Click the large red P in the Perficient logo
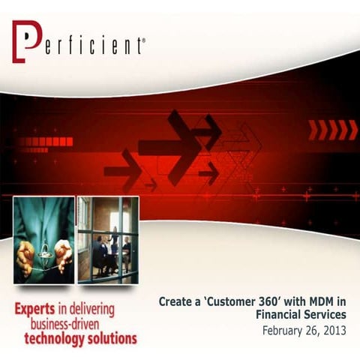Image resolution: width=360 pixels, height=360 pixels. pos(25,42)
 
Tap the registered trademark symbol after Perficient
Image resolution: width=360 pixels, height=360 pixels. pos(143,40)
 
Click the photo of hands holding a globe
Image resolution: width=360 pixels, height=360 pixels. pos(43,239)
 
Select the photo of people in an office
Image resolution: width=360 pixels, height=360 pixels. pos(107,239)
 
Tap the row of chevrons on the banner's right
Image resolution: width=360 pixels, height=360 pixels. pos(333,130)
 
